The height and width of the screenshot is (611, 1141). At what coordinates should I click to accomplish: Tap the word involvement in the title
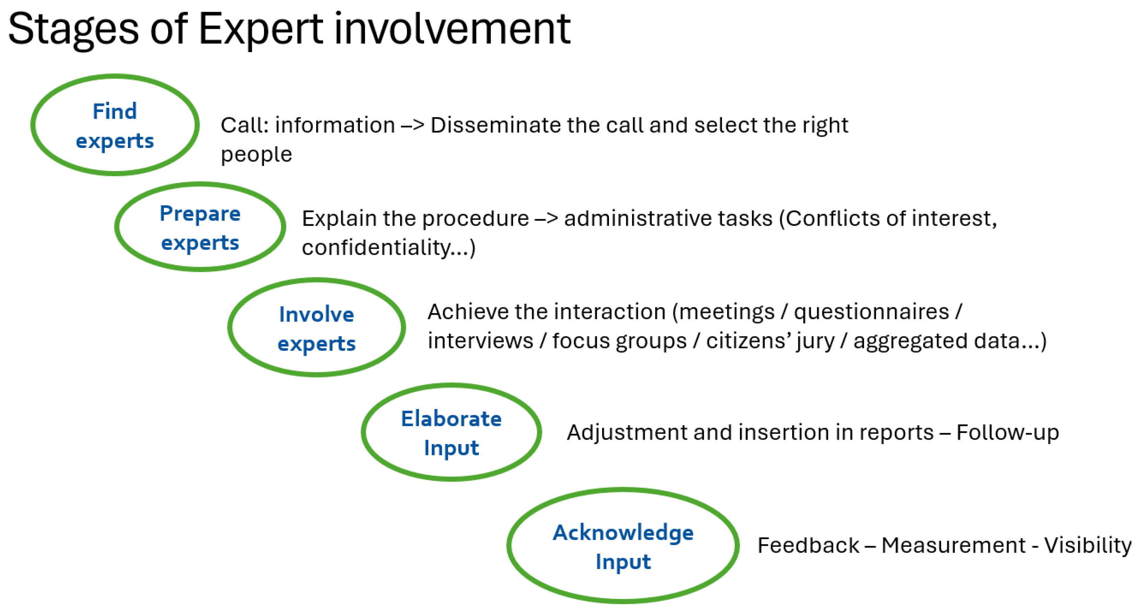pyautogui.click(x=452, y=29)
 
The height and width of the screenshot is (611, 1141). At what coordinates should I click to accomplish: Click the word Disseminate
pyautogui.click(x=496, y=125)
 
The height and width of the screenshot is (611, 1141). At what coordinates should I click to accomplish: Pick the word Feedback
pyautogui.click(x=808, y=545)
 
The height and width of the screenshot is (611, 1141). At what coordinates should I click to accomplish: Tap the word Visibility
pyautogui.click(x=1088, y=546)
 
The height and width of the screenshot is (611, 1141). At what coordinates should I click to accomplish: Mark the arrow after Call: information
pyautogui.click(x=412, y=126)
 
